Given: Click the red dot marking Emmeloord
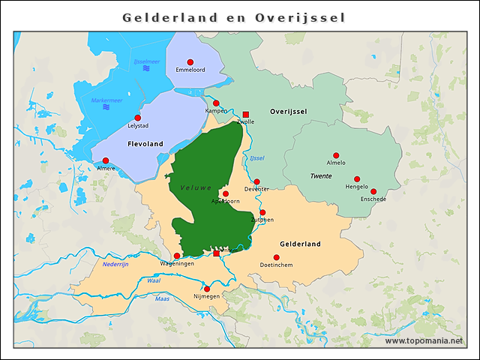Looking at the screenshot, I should (x=190, y=61).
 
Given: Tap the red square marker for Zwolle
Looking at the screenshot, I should (x=245, y=115).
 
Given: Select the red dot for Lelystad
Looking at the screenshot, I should (x=137, y=118).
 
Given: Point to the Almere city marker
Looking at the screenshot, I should (x=106, y=160).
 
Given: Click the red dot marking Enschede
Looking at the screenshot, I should (x=373, y=191).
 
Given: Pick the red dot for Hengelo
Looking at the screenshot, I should (x=357, y=179).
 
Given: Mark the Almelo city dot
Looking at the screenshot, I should (x=336, y=155).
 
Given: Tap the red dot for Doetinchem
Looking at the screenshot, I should (x=276, y=257).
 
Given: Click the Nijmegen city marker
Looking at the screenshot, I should (x=207, y=289).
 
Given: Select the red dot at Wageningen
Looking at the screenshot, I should (x=177, y=256).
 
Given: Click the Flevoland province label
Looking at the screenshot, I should (x=145, y=143).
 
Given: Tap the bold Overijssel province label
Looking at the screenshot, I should (x=289, y=111).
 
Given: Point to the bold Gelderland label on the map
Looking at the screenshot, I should (x=300, y=244).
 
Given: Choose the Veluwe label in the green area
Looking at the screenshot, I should (x=196, y=187).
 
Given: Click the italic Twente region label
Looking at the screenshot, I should (x=321, y=175).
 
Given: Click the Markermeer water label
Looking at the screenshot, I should (x=106, y=100).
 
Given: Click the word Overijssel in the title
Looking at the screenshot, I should (x=300, y=16).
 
